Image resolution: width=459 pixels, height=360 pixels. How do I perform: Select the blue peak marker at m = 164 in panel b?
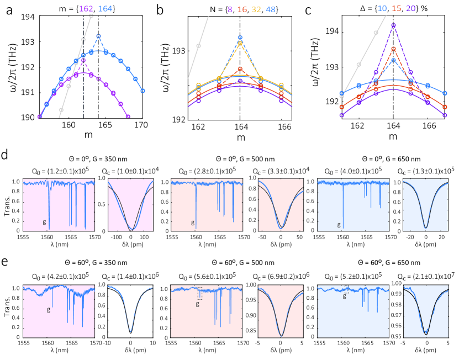pyautogui.click(x=240, y=38)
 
